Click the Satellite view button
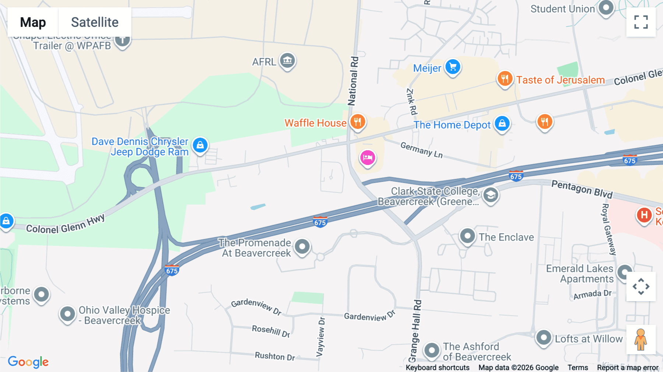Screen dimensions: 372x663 [95, 22]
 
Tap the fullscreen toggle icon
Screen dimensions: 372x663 [641, 22]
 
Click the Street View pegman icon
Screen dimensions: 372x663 [641, 340]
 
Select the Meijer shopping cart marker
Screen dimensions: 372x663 [453, 67]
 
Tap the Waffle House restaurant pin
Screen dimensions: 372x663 [357, 121]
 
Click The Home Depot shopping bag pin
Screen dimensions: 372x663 [502, 124]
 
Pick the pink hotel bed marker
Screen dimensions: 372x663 [367, 158]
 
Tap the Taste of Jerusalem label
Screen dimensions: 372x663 [560, 80]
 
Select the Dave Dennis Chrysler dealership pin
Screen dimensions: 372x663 [200, 145]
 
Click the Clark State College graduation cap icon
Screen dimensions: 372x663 [491, 195]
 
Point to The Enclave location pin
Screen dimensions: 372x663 [467, 235]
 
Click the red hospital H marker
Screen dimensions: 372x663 [644, 215]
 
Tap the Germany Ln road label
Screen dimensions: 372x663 [421, 150]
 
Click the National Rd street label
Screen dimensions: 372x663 [353, 81]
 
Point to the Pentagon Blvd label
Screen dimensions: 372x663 [582, 189]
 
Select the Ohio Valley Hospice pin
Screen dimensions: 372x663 [67, 314]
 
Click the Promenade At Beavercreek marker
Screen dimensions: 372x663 [302, 246]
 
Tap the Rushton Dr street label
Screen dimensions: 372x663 [275, 356]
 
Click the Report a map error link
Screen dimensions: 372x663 [628, 368]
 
